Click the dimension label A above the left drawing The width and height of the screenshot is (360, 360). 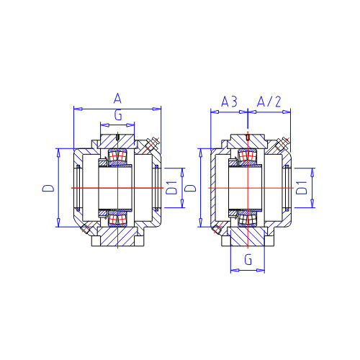coord(117,99)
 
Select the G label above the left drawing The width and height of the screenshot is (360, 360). coord(118,115)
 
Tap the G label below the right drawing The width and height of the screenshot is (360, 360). coord(248,259)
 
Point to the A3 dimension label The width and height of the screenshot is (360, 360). coord(229,102)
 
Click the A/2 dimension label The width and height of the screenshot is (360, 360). coord(269,102)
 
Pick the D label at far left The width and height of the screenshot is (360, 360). coord(48,188)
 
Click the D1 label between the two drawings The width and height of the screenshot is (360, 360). coord(171,188)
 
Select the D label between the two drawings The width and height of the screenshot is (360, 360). coord(191,188)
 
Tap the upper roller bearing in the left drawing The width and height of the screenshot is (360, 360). coord(117,156)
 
